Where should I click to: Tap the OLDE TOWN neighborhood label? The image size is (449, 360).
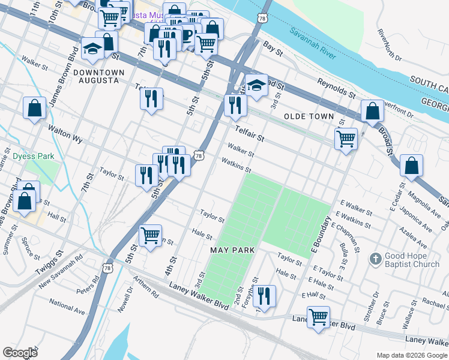[308, 116]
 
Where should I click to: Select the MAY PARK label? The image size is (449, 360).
[232, 250]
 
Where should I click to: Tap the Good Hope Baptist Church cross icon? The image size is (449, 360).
[375, 259]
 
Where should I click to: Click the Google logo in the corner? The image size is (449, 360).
[20, 352]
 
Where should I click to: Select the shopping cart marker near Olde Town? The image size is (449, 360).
[346, 139]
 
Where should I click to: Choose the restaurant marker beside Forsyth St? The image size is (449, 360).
[264, 295]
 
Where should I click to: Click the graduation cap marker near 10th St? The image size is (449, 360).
[93, 50]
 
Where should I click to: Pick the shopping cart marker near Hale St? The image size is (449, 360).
[150, 235]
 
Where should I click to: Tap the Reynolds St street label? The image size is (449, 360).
[337, 89]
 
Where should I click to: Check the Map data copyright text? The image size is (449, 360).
[411, 355]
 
